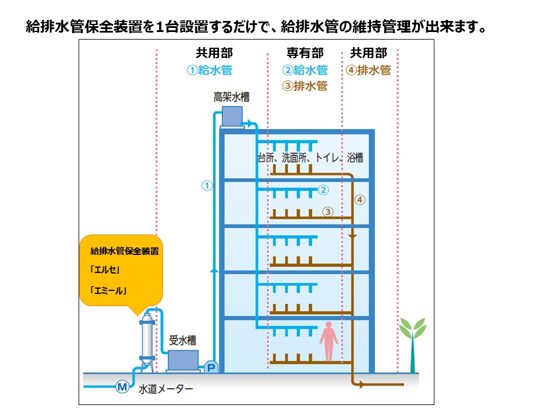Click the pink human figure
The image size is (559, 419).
coord(329,340)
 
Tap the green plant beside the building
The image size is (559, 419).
coord(412,343)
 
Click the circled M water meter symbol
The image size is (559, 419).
coord(122,386)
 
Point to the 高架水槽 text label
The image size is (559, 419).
coord(231,97)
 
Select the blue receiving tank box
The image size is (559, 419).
coord(183,360)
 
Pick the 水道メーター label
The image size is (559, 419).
coord(166,389)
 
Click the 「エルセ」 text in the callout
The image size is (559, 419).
coord(105,271)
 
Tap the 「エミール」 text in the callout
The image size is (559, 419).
coord(109,290)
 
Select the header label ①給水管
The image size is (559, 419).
coord(210,70)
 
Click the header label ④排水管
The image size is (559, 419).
coord(368,70)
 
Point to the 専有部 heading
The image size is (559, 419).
coord(305,54)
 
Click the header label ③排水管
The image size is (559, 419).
coord(305,86)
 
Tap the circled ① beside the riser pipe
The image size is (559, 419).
coord(206,186)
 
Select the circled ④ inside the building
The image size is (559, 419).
coord(360,200)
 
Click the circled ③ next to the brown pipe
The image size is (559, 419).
coord(328,212)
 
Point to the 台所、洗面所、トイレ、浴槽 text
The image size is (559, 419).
coord(314,157)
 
